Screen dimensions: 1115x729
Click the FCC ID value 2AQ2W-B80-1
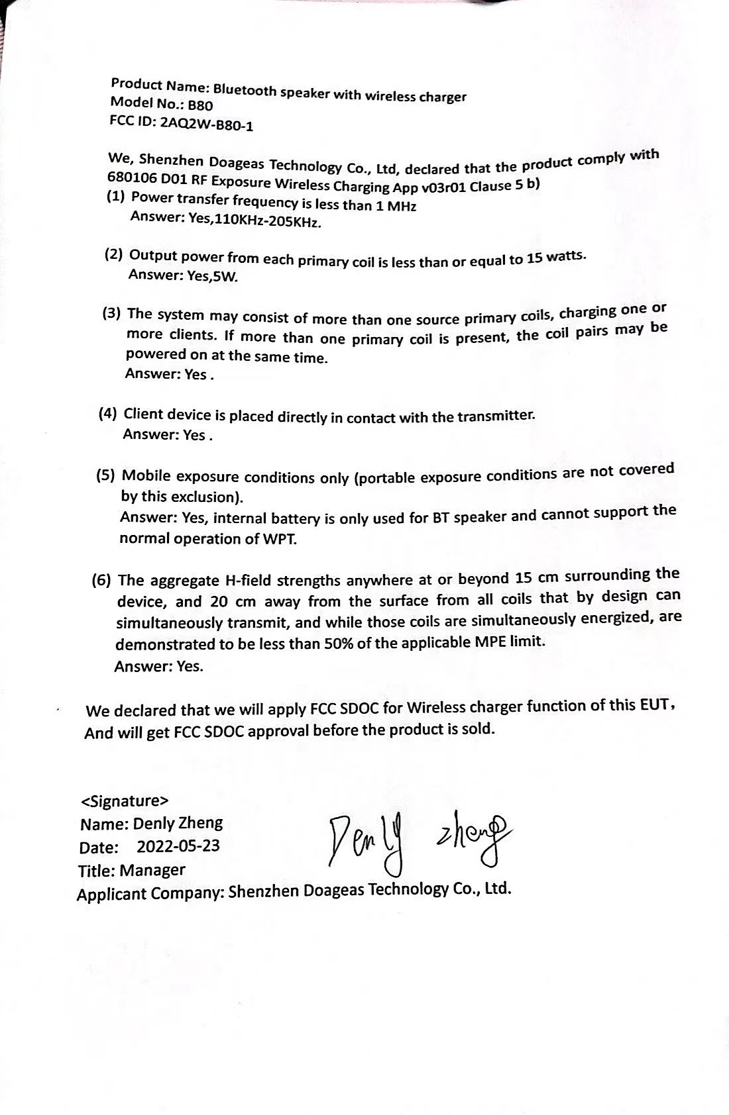(x=207, y=124)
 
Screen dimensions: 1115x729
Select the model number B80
(x=201, y=105)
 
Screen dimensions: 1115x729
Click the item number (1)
(x=116, y=196)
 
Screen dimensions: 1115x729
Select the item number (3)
(x=111, y=313)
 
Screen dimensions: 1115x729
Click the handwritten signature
(x=418, y=839)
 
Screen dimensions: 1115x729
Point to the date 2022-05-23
(x=178, y=846)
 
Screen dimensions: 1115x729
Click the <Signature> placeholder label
(x=125, y=800)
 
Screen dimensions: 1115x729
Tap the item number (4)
(x=108, y=414)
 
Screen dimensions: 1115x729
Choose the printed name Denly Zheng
(x=178, y=823)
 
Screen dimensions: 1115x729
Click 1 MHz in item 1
(x=396, y=206)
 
